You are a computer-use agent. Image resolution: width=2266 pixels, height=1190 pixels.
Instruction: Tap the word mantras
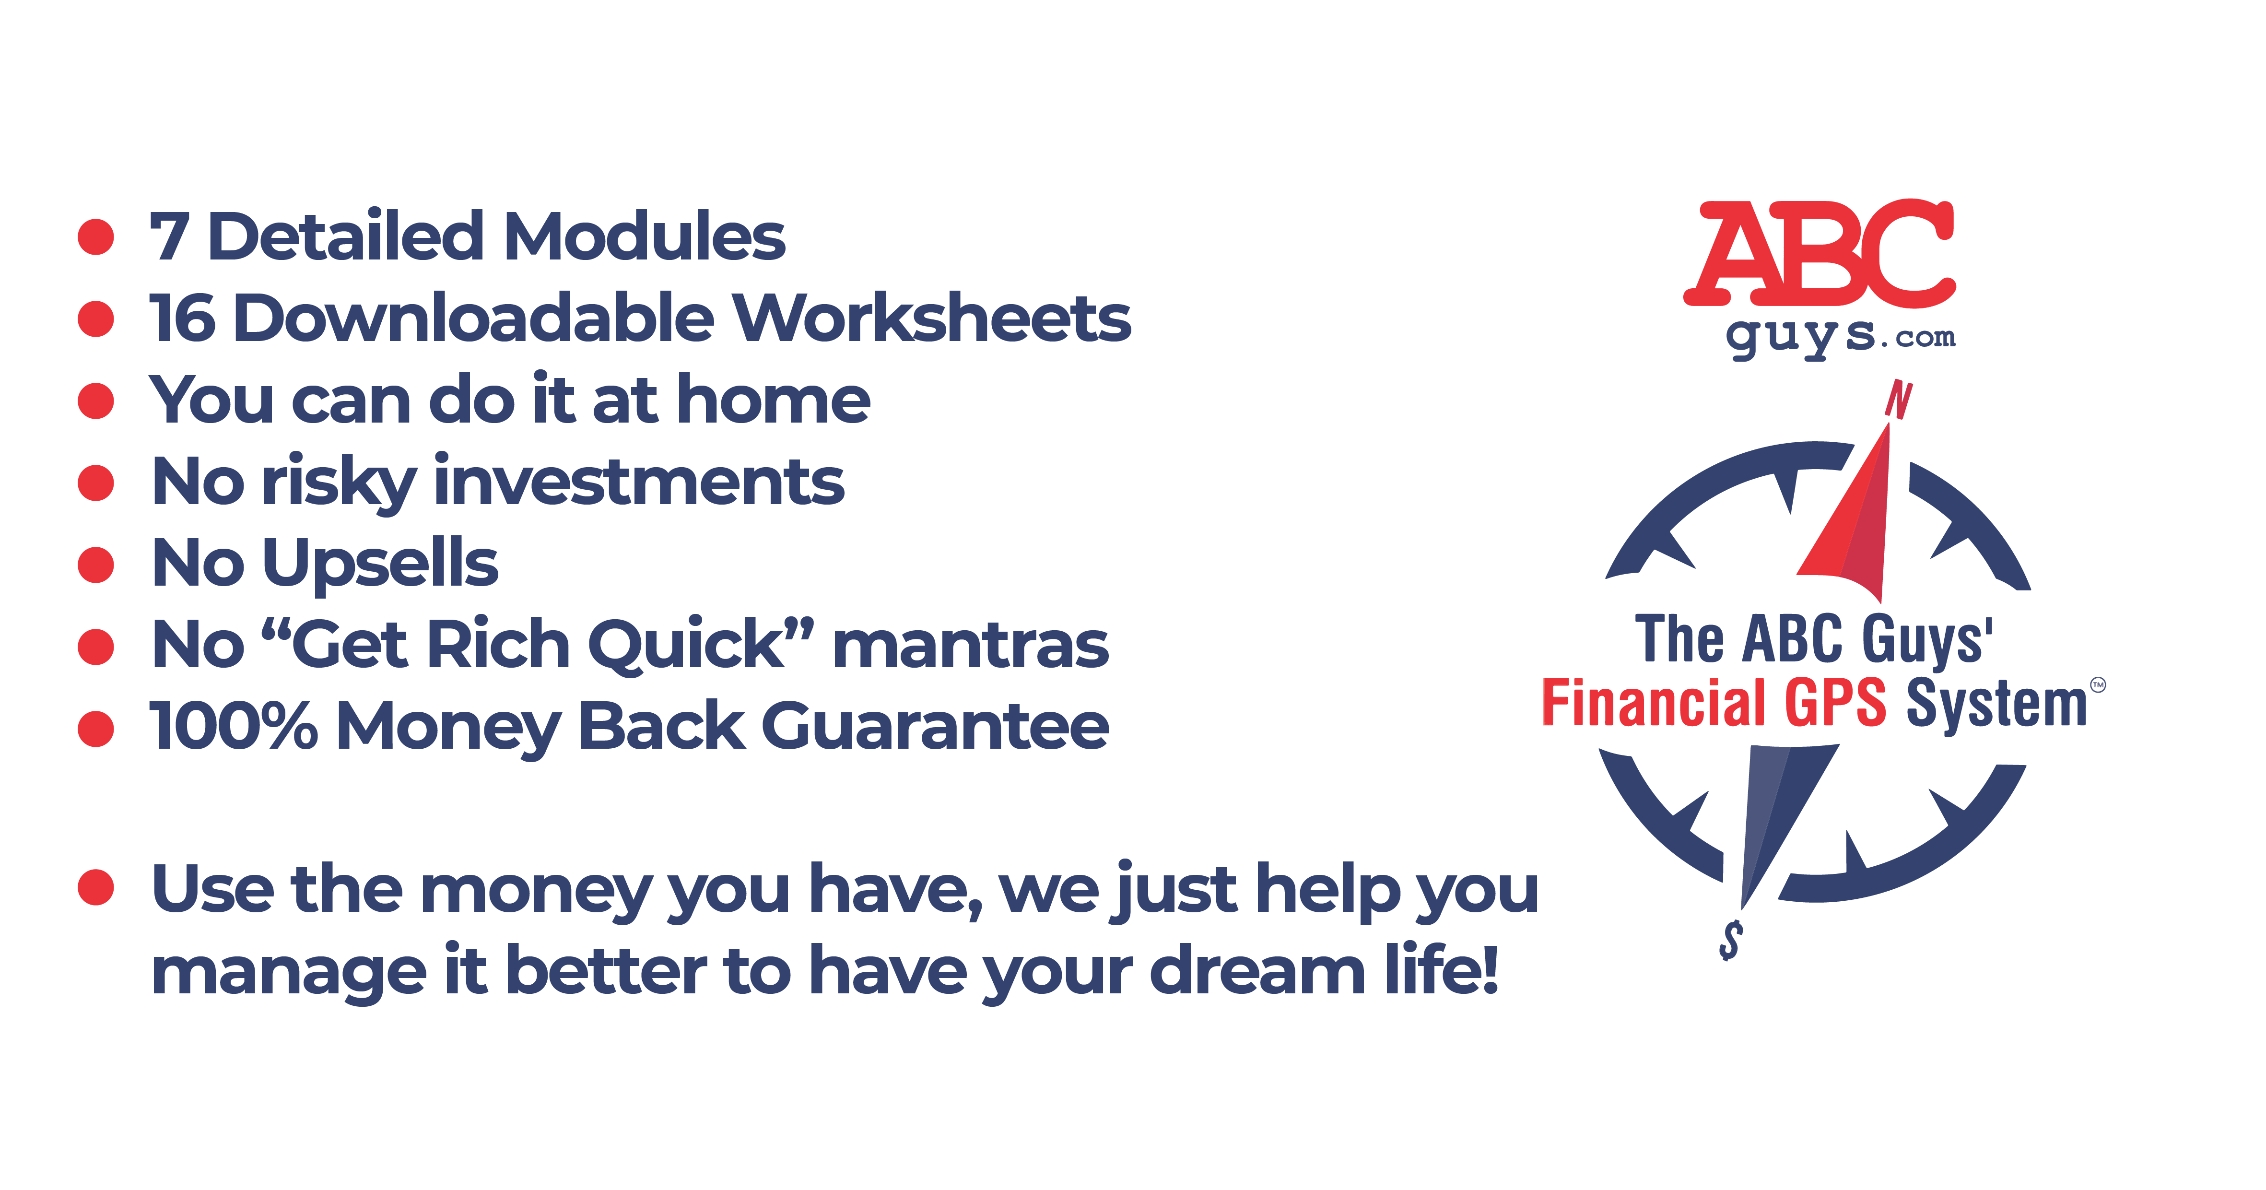point(970,647)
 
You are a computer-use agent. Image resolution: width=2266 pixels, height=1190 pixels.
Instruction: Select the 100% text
point(233,727)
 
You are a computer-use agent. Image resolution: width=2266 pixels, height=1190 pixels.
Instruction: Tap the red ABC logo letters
point(1819,254)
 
